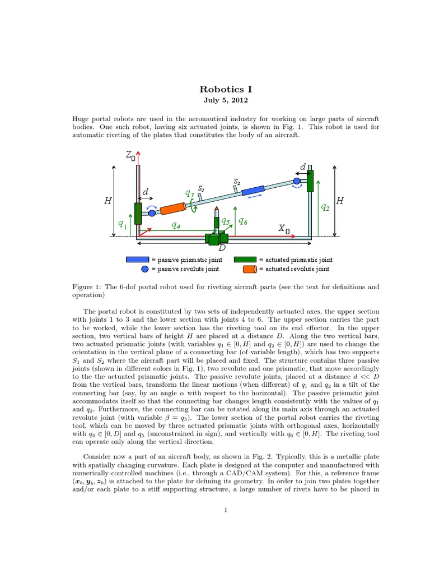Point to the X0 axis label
click(x=284, y=229)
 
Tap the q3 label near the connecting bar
click(x=190, y=193)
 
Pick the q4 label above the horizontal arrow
click(x=176, y=226)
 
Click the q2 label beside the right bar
click(x=325, y=207)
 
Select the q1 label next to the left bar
click(x=122, y=224)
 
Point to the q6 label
click(x=243, y=221)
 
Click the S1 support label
click(x=201, y=189)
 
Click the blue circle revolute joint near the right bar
click(x=297, y=181)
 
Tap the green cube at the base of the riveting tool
click(x=214, y=238)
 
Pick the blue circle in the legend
click(x=145, y=269)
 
